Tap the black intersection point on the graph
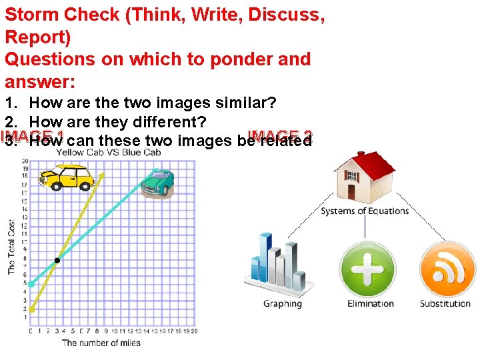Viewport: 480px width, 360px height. coord(57,260)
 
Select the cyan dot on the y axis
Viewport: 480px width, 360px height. coord(31,284)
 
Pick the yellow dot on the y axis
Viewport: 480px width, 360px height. coord(31,309)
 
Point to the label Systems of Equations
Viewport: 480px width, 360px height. coord(365,211)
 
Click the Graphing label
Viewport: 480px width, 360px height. coord(283,304)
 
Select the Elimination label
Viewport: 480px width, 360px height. coord(371,304)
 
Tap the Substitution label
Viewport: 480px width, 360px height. coord(445,304)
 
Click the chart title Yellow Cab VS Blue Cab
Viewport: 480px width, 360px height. coord(109,152)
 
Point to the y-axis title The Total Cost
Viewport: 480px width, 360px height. coord(11,247)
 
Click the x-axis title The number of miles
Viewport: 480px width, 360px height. coord(101,343)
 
